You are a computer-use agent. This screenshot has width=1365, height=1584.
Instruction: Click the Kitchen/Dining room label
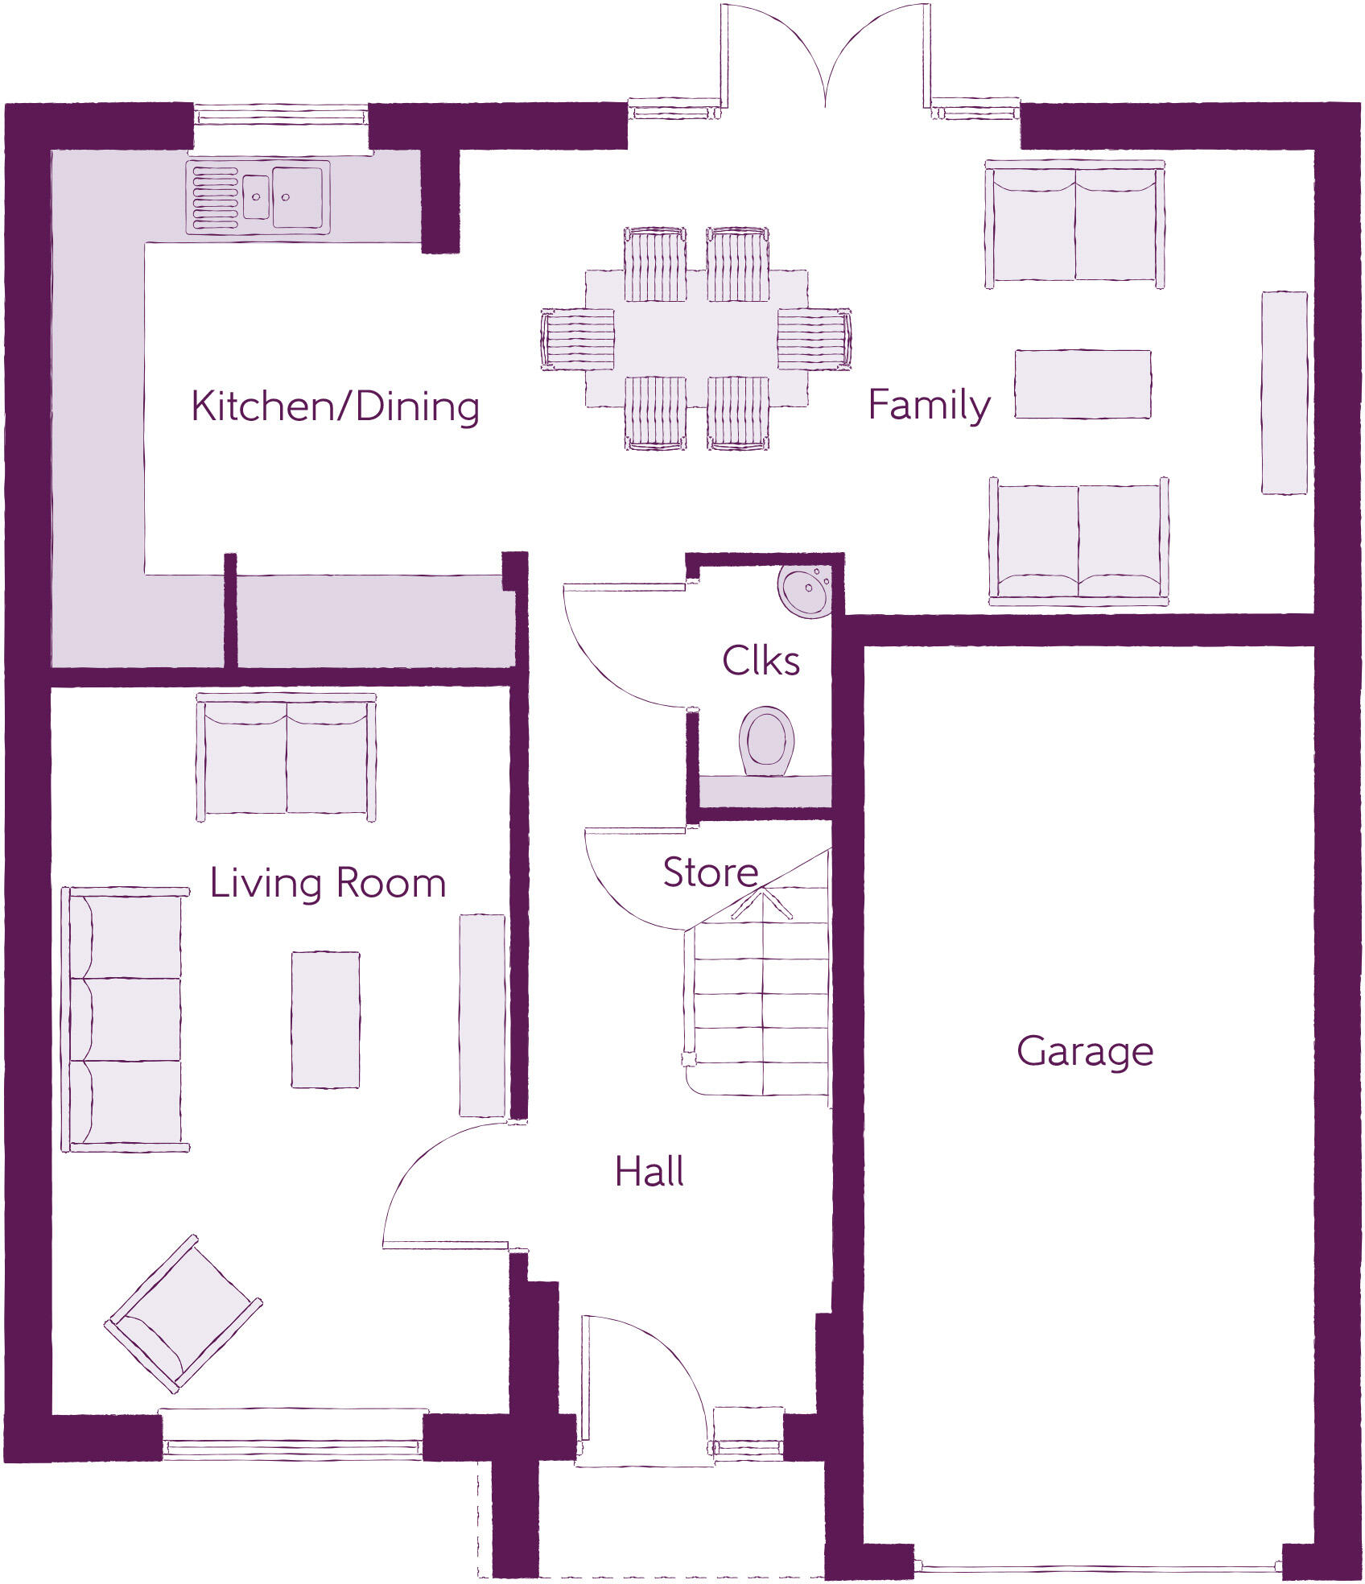tap(335, 406)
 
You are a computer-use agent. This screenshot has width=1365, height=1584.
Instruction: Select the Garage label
tap(1084, 1051)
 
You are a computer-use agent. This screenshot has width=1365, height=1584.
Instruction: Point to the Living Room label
tap(328, 883)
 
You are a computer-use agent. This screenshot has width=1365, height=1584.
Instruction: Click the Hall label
tap(650, 1172)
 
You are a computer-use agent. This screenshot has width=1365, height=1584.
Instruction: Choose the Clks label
tap(761, 661)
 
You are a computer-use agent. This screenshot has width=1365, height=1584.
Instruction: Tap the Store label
tap(710, 872)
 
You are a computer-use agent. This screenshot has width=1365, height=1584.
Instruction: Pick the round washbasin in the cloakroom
tap(803, 590)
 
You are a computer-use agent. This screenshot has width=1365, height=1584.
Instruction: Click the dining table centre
tap(696, 338)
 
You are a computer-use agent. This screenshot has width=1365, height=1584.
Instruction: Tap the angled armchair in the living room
tap(184, 1314)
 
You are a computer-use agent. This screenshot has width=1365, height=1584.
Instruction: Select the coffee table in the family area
tap(1082, 384)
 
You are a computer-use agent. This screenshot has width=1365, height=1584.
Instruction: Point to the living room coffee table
tap(325, 1019)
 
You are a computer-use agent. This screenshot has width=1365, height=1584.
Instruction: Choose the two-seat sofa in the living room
tap(286, 757)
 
